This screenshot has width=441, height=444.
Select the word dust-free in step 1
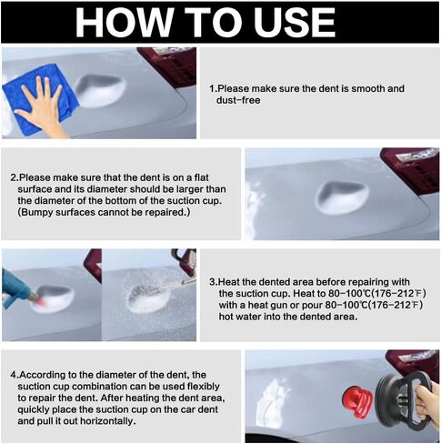coord(238,100)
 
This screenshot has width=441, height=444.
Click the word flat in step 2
coord(201,177)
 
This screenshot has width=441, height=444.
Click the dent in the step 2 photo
coord(343,197)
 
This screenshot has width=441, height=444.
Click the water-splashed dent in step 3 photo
coord(148,298)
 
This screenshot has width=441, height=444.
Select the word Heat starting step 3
coord(229,282)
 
